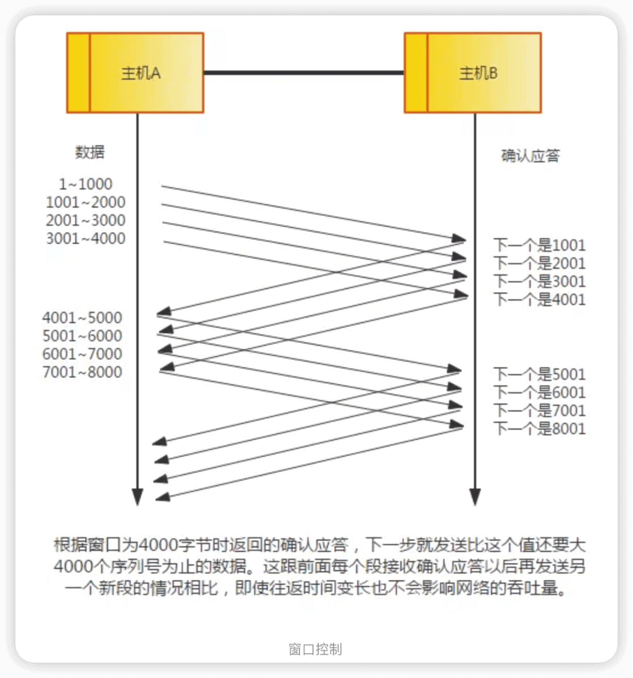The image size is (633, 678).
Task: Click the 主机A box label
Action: point(140,73)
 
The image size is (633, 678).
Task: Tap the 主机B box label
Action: point(478,73)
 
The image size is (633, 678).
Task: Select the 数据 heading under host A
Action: point(90,152)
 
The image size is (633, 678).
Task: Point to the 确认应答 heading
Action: point(530,155)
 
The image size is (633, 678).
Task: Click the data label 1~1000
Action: point(85,184)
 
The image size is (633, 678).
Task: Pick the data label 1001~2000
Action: point(85,202)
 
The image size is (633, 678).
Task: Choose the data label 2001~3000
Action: point(85,220)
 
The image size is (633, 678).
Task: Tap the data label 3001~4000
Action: point(85,239)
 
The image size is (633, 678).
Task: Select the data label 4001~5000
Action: point(82,317)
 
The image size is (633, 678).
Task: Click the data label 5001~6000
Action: point(82,336)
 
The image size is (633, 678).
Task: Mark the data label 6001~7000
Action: point(82,354)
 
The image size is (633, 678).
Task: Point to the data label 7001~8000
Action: point(82,372)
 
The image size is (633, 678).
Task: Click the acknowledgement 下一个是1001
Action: point(539,245)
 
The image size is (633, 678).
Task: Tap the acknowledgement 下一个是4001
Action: point(539,299)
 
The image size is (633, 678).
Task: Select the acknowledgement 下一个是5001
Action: point(539,374)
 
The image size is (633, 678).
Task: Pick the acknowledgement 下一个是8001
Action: point(539,429)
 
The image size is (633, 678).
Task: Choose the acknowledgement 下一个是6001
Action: point(539,392)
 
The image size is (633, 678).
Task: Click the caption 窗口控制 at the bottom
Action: point(315,649)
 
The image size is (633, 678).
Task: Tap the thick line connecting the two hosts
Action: point(304,73)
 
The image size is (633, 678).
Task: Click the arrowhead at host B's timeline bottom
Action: point(475,497)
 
